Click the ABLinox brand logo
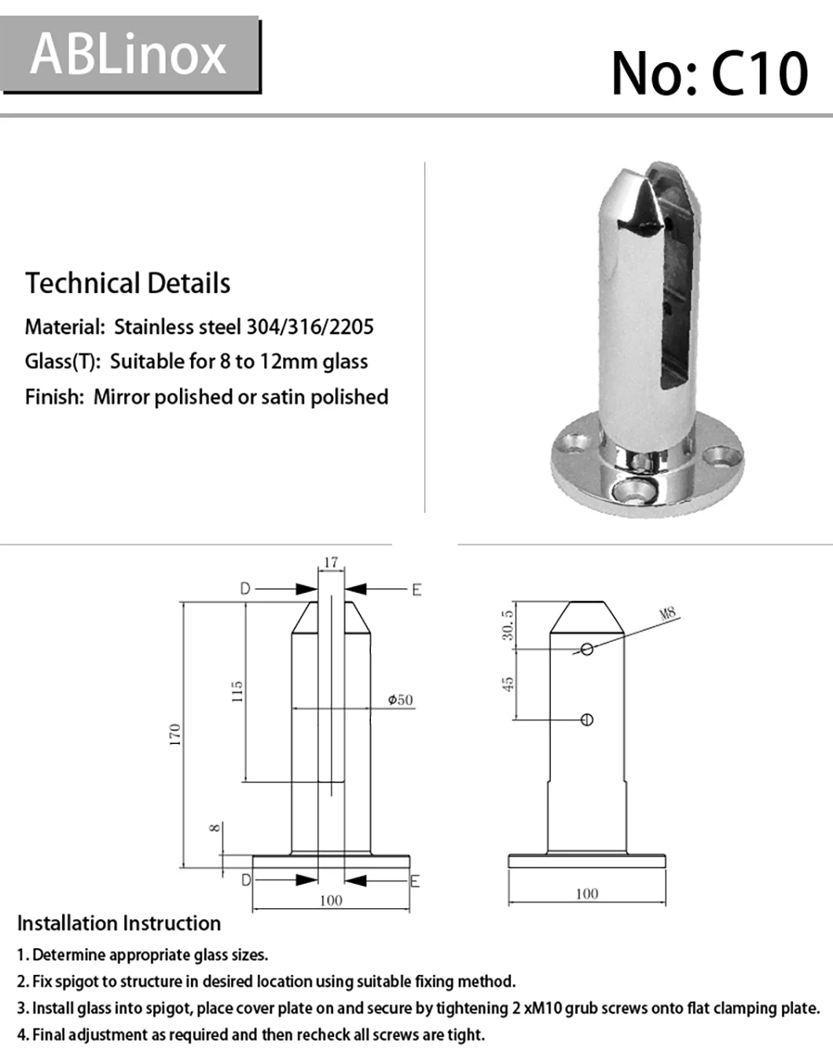tap(129, 54)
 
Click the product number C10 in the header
tap(709, 74)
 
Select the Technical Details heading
tap(127, 284)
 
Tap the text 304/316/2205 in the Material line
tap(310, 327)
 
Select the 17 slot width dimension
tap(331, 562)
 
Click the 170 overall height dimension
tap(175, 735)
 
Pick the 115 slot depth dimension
tap(237, 692)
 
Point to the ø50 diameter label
tap(400, 700)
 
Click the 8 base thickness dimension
tap(215, 828)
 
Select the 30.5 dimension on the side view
tap(508, 625)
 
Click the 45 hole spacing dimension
tap(508, 683)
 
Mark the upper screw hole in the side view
tap(587, 648)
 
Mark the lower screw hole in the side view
tap(587, 720)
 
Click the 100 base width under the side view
tap(586, 893)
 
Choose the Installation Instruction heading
tap(119, 923)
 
